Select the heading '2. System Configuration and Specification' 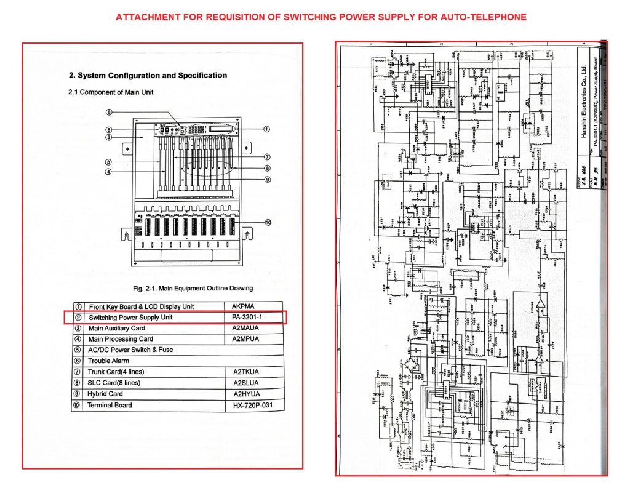148,76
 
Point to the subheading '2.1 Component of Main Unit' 111,92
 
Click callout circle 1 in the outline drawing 267,129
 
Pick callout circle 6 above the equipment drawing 108,113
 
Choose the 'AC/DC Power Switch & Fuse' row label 130,350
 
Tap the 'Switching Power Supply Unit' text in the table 131,318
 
